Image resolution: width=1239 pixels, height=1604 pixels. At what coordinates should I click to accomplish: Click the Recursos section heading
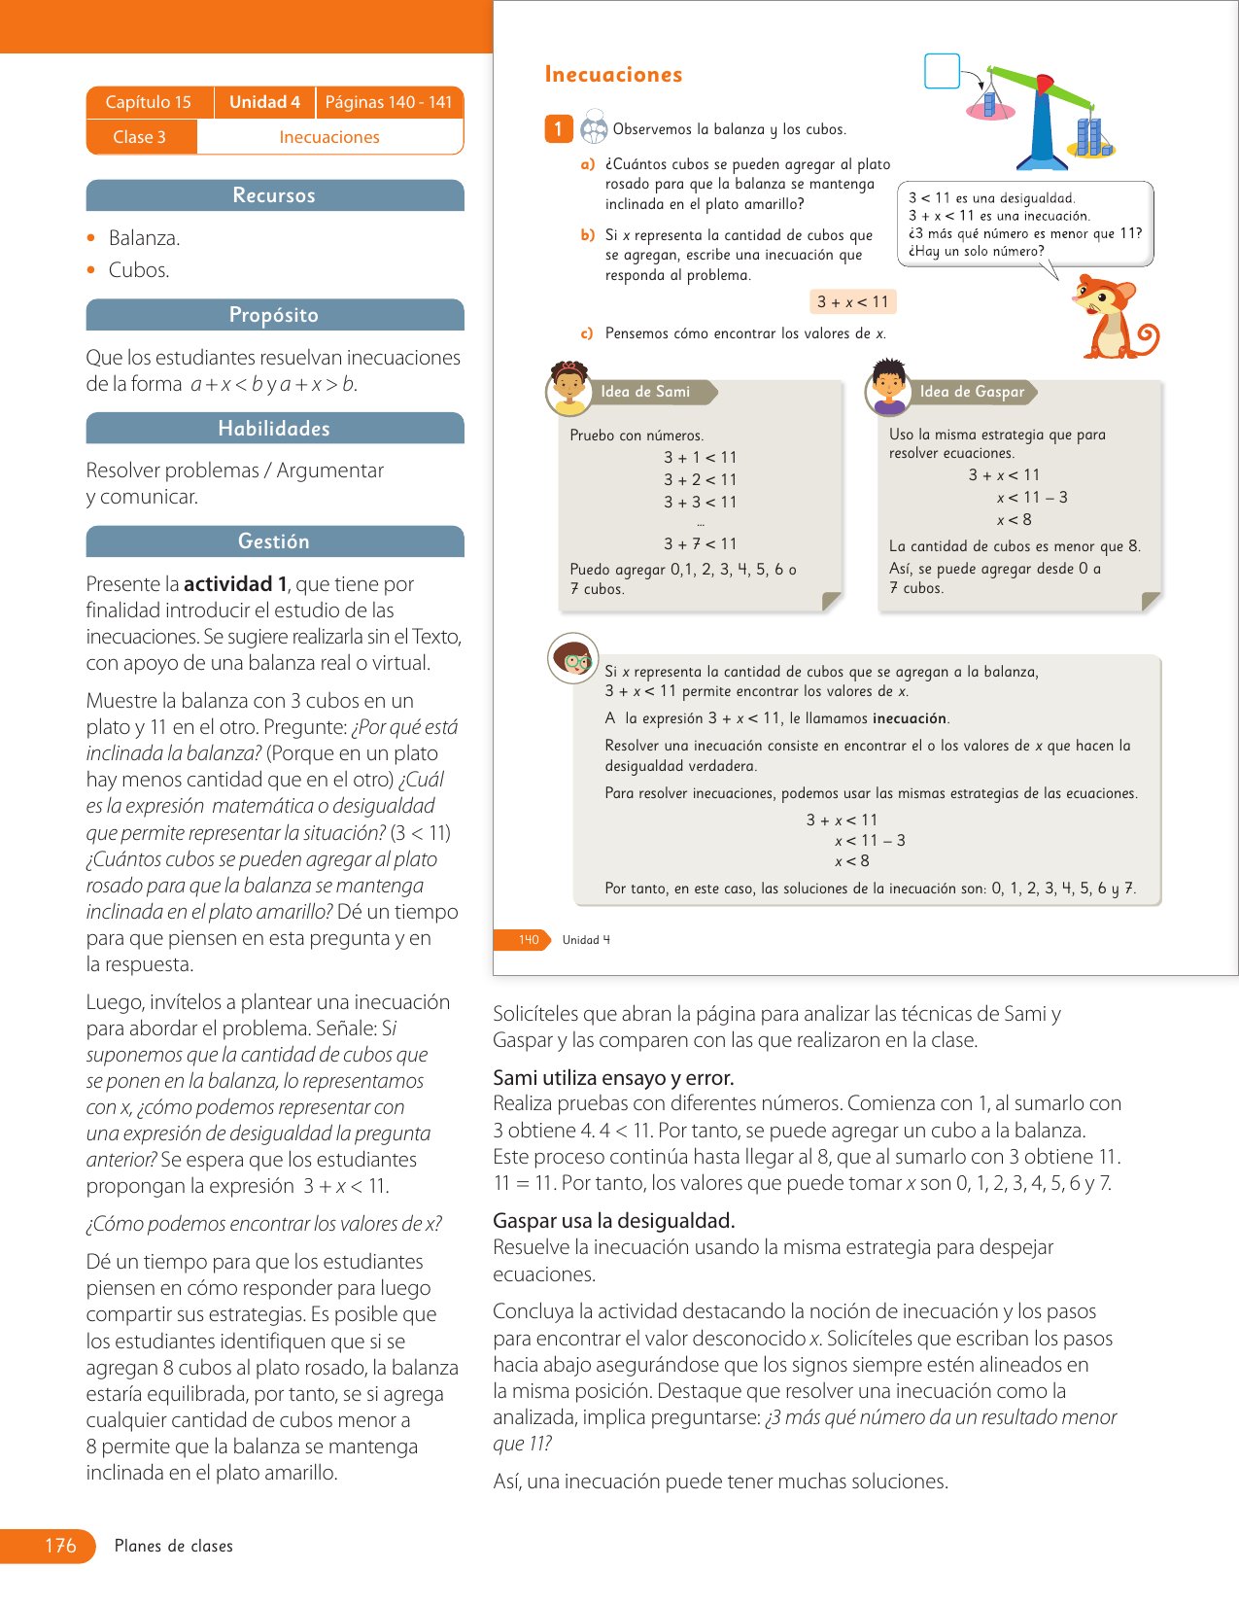tap(274, 195)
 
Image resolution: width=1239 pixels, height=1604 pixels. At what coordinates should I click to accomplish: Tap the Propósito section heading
tap(274, 315)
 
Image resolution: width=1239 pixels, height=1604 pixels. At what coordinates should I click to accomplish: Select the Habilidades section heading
tap(274, 429)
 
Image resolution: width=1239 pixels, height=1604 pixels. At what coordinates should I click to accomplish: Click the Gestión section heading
tap(274, 541)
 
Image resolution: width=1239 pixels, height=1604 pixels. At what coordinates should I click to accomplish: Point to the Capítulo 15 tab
tap(149, 102)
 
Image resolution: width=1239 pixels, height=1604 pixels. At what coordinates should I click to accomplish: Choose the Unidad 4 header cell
tap(264, 102)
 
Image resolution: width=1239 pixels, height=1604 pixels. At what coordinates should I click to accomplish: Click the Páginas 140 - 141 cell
tap(389, 102)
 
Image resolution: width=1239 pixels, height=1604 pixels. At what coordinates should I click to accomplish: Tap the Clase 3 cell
tap(140, 137)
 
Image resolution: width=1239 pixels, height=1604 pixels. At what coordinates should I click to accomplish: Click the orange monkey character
tap(1113, 316)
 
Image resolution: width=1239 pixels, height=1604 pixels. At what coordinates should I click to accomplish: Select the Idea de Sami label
tap(645, 392)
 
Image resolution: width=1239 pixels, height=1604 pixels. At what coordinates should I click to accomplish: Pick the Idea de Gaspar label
tap(972, 392)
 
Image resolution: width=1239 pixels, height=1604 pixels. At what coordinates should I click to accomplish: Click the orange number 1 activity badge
tap(558, 128)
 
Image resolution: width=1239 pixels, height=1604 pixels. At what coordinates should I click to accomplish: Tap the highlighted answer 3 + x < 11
tap(852, 302)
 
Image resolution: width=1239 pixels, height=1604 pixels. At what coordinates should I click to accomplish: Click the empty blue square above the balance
tap(942, 71)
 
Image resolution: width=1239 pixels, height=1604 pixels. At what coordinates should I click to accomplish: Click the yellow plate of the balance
tap(1091, 149)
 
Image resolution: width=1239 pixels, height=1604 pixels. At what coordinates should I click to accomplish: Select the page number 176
tap(60, 1546)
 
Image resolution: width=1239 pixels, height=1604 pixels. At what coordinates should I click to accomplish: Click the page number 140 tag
tap(528, 940)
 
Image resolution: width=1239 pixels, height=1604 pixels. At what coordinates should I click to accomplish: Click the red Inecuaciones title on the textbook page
tap(613, 75)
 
